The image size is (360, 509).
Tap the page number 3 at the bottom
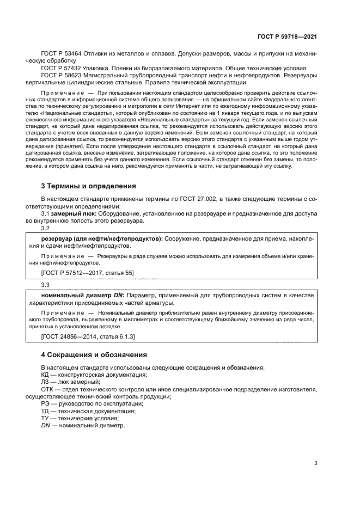pos(315,464)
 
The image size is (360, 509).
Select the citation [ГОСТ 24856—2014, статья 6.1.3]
pos(88,337)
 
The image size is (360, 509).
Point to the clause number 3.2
pos(45,228)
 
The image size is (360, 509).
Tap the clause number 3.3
pos(45,285)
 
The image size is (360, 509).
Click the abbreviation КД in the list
pos(46,376)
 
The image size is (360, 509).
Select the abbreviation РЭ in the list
pos(45,404)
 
